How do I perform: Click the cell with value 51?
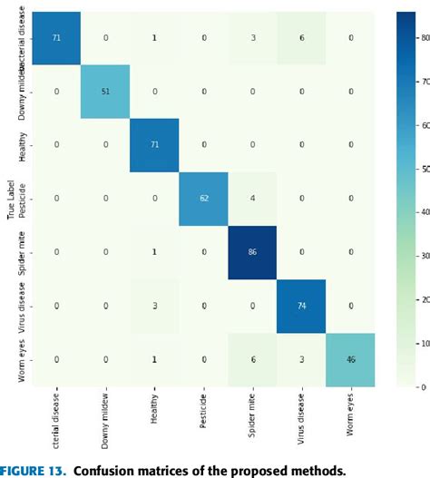pyautogui.click(x=105, y=92)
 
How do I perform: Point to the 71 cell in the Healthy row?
pyautogui.click(x=153, y=144)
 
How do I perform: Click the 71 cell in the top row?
pyautogui.click(x=56, y=38)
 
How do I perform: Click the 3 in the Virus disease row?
pyautogui.click(x=153, y=304)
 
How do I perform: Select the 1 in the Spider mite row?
pyautogui.click(x=153, y=250)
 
